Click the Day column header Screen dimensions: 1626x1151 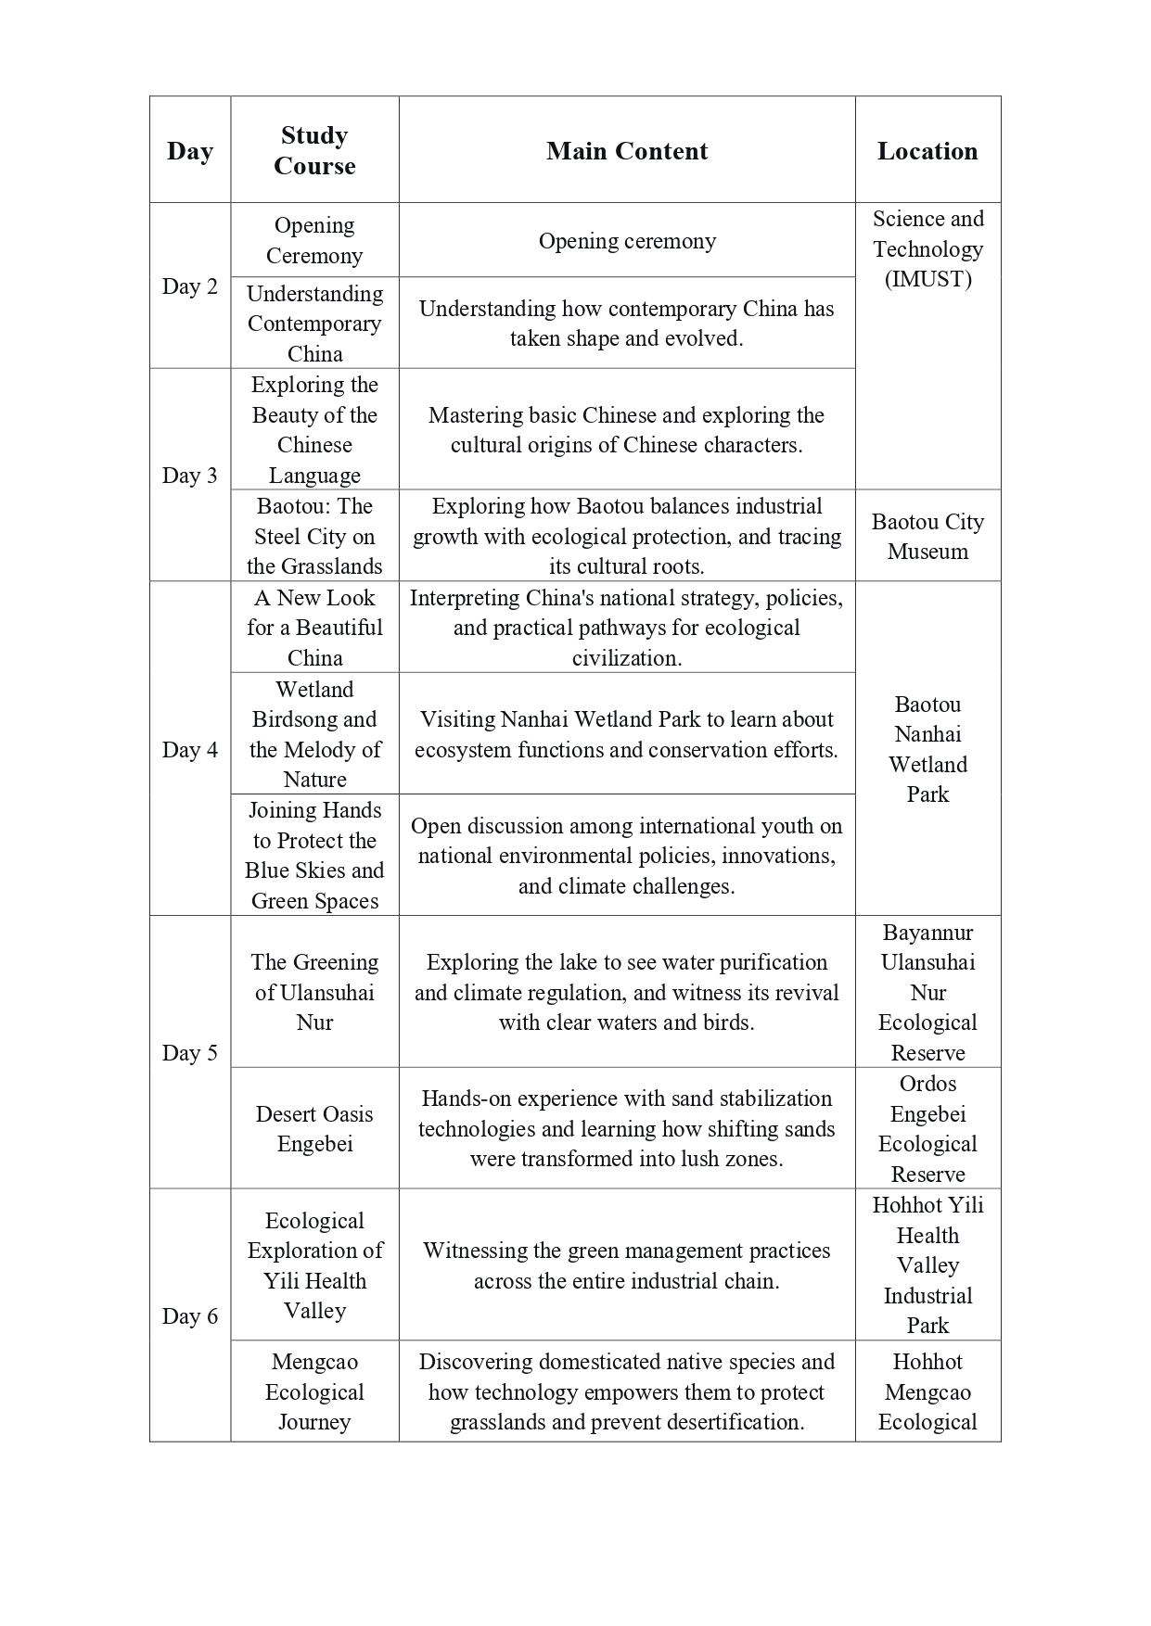(189, 151)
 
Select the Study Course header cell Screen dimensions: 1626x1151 (314, 150)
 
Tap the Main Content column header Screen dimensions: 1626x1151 (626, 151)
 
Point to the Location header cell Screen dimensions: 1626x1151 (927, 151)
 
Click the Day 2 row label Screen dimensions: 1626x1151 (189, 286)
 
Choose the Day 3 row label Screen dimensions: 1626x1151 (189, 476)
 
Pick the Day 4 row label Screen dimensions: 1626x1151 (189, 749)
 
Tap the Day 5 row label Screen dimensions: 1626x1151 (189, 1053)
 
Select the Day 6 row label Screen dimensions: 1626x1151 (189, 1316)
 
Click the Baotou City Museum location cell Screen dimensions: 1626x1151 (927, 536)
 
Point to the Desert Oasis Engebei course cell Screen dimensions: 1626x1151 (314, 1128)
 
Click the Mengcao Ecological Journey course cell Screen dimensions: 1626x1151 (314, 1391)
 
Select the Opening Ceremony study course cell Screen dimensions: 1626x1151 (314, 240)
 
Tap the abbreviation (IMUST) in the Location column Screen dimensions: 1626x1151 (927, 279)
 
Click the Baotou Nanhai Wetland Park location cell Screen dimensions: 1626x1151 (927, 749)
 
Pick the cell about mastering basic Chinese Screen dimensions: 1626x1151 (626, 430)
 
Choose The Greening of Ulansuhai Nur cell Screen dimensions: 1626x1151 (314, 992)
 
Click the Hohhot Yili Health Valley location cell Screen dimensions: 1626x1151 (927, 1264)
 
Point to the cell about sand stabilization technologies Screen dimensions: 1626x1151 (626, 1128)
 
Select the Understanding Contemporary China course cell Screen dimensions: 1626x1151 (314, 324)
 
